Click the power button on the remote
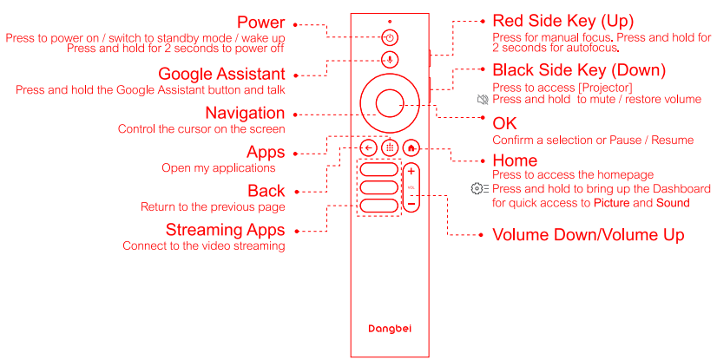(x=390, y=38)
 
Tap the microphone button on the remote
(x=390, y=59)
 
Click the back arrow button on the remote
(x=369, y=148)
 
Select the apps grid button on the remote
(x=390, y=148)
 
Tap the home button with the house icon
(x=411, y=148)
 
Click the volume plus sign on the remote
(x=411, y=171)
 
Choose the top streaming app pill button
(x=379, y=169)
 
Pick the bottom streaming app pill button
(x=379, y=206)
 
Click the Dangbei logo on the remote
(x=390, y=329)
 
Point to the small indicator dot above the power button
(x=390, y=22)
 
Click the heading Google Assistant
(x=221, y=74)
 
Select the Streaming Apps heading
(x=226, y=230)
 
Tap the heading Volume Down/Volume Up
(x=588, y=235)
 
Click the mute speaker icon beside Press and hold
(x=483, y=99)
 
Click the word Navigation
(x=245, y=113)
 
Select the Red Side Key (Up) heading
(x=562, y=21)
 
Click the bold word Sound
(x=673, y=203)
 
